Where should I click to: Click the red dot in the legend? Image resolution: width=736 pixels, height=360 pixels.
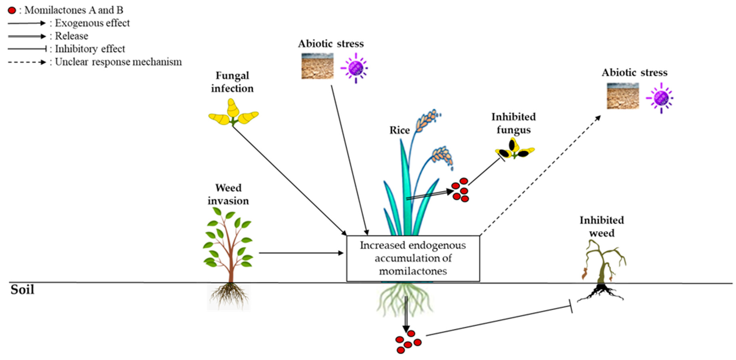click(12, 11)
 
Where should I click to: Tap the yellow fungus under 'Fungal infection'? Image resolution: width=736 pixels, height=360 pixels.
click(233, 113)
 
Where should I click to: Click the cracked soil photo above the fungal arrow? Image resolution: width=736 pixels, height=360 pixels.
click(317, 66)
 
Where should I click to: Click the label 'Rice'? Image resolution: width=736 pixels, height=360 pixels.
click(400, 130)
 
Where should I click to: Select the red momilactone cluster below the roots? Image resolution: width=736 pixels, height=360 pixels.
click(408, 342)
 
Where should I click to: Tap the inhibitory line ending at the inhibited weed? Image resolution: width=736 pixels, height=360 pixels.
click(499, 321)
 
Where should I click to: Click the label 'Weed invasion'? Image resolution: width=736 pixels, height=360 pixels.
click(228, 194)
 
